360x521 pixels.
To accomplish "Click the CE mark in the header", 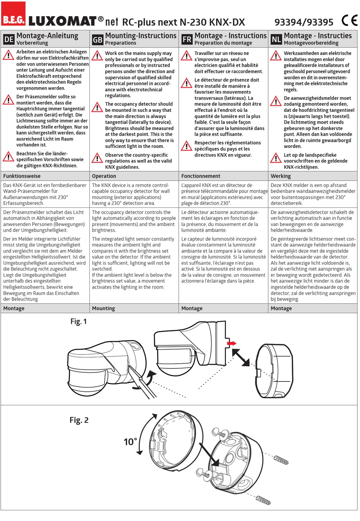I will point(349,20).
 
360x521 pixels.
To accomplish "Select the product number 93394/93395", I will point(304,22).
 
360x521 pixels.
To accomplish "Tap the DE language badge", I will point(9,39).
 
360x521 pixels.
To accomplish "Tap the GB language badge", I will point(97,39).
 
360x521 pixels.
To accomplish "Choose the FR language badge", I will point(187,39).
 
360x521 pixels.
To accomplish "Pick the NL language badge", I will point(276,39).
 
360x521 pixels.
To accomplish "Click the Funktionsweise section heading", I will point(22,176).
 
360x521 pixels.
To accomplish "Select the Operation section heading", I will point(104,176).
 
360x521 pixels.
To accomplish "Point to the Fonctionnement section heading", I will point(201,176).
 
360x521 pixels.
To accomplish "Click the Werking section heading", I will point(280,176).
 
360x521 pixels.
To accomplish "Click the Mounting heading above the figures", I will point(103,308).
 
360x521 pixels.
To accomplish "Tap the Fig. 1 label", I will point(78,322).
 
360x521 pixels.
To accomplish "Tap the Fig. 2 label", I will point(79,420).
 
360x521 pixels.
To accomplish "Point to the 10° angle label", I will point(130,442).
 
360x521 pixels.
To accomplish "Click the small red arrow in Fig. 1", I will point(232,343).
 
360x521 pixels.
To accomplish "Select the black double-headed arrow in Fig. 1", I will point(240,357).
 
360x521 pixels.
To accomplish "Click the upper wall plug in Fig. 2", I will point(281,460).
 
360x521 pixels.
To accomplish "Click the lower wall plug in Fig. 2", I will point(263,500).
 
